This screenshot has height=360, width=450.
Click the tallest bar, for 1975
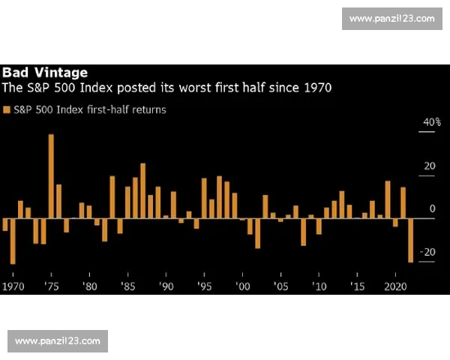[51, 176]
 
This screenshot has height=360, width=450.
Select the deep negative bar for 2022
[411, 240]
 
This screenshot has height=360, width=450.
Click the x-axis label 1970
[13, 287]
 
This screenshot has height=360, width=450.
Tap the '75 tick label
[51, 287]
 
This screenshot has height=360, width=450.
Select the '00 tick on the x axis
[242, 287]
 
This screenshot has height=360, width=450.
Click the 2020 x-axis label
[395, 287]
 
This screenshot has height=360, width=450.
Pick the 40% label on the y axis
[432, 122]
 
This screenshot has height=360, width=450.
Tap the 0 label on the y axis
[432, 208]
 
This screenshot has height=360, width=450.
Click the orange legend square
[7, 109]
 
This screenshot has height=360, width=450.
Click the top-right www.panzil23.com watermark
[392, 18]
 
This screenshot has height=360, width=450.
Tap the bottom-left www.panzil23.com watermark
[57, 341]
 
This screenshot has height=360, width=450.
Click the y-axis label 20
[429, 166]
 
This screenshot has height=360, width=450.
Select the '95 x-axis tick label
[204, 287]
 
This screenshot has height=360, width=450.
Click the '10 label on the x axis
[319, 287]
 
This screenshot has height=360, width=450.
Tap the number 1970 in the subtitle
[317, 88]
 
